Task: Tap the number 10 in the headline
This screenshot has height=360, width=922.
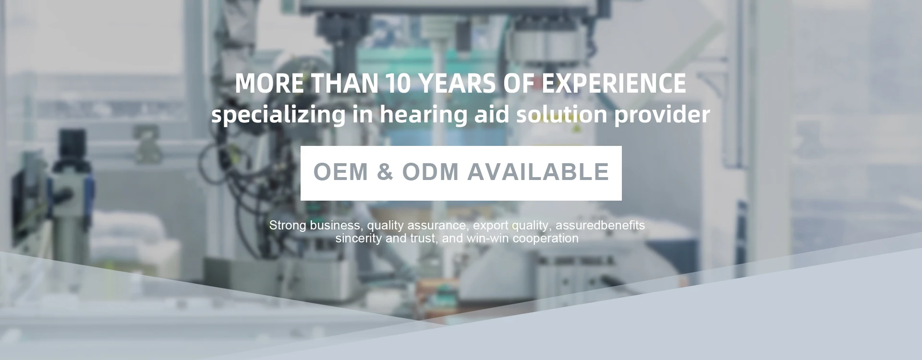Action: (398, 84)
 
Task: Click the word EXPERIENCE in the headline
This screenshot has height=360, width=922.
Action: (614, 84)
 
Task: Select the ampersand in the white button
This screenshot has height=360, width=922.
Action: (385, 172)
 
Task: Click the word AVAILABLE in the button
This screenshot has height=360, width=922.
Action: (538, 172)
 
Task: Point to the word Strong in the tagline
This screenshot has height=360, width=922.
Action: (288, 226)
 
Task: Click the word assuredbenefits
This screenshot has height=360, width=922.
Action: (600, 225)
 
